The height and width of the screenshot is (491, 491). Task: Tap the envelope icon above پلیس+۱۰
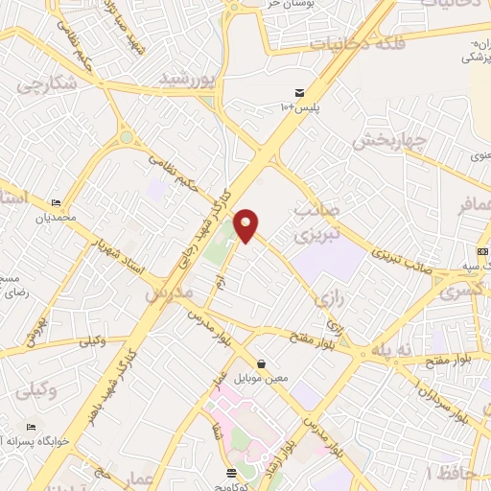tap(300, 92)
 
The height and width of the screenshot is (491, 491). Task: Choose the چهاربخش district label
tap(386, 141)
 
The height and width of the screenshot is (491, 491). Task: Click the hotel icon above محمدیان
tap(56, 203)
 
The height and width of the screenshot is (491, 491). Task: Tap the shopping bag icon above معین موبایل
tap(262, 363)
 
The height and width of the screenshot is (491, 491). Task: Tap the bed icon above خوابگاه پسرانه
tap(32, 428)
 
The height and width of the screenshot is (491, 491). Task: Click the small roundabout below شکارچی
tap(126, 139)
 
